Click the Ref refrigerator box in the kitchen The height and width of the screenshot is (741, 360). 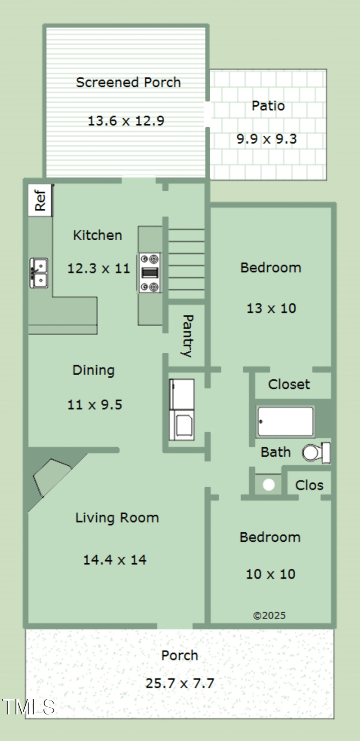(40, 201)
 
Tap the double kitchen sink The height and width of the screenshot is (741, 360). (39, 273)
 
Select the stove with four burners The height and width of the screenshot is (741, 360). (150, 273)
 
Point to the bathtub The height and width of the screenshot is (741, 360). (285, 422)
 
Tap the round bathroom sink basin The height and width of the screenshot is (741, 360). (268, 485)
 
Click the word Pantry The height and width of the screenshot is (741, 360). (188, 336)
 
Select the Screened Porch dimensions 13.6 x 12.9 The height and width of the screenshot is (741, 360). (126, 121)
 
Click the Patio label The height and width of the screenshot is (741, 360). (268, 106)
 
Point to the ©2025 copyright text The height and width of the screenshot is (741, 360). (270, 615)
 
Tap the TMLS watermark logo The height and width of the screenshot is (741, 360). (28, 707)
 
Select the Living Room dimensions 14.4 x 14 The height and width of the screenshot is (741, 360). (114, 560)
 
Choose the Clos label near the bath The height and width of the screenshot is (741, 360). (309, 485)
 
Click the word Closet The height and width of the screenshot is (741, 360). (289, 384)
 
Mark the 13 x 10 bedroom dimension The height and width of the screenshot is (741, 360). (271, 308)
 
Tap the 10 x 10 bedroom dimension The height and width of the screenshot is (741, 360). (270, 574)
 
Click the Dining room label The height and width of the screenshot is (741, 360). (93, 371)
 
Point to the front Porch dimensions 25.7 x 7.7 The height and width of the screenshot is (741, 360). (180, 683)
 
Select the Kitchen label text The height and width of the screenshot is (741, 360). (98, 235)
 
